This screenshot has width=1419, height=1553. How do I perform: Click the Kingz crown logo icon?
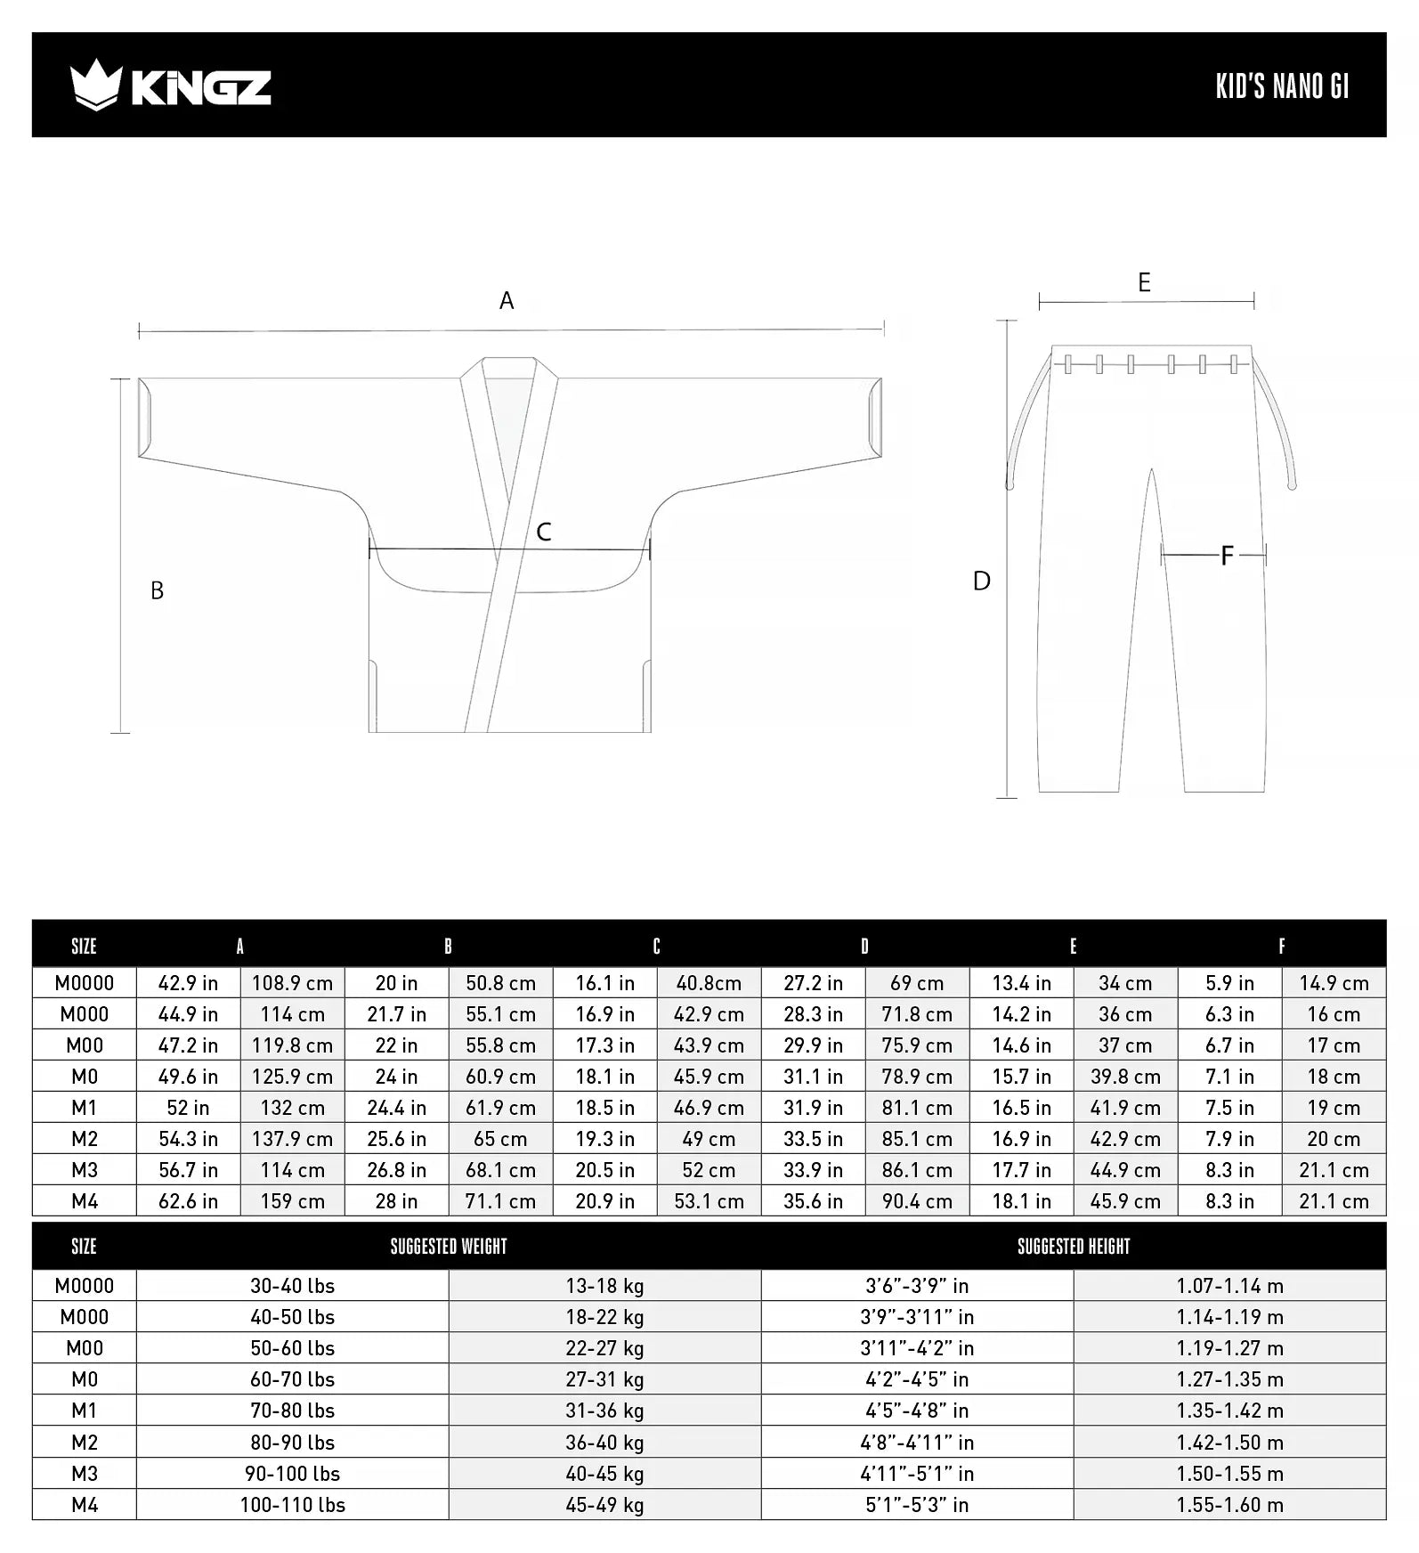tap(95, 85)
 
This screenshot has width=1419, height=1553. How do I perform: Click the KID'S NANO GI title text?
tap(1282, 86)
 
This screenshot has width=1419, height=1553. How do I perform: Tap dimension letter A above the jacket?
tap(507, 301)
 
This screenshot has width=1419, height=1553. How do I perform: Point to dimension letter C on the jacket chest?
tap(544, 533)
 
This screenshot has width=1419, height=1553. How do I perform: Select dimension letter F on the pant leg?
tap(1227, 557)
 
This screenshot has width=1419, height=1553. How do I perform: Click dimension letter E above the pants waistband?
tap(1145, 283)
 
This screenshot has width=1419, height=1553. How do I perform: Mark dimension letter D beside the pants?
tap(981, 581)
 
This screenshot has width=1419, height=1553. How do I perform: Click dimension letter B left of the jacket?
tap(157, 591)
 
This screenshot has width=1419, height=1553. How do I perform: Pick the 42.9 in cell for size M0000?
tap(188, 983)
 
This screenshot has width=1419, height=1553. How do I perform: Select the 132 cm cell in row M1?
tap(292, 1108)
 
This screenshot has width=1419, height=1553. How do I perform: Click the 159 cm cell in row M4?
tap(292, 1201)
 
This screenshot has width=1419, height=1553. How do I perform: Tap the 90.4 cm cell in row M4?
tap(917, 1201)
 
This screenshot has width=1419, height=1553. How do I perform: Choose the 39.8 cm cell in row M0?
tap(1125, 1077)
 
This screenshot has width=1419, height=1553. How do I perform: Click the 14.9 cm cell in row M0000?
tap(1334, 983)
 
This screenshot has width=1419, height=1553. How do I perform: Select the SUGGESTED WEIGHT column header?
tap(449, 1247)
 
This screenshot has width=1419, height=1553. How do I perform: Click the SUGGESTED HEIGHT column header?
tap(1074, 1247)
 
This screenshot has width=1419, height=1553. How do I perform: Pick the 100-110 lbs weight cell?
tap(292, 1505)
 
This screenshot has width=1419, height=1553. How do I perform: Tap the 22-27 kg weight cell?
tap(604, 1348)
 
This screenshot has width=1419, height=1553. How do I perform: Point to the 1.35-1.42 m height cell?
tap(1229, 1411)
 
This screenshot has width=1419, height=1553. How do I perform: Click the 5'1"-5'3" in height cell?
tap(917, 1505)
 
